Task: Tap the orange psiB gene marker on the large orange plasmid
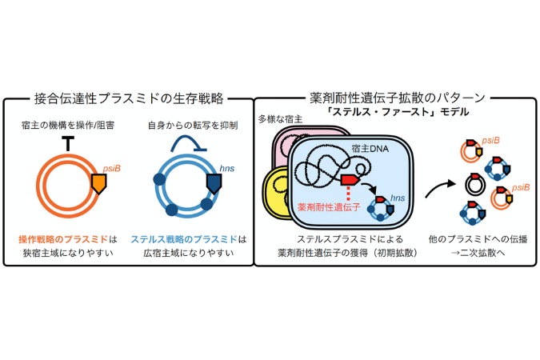point(99,185)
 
